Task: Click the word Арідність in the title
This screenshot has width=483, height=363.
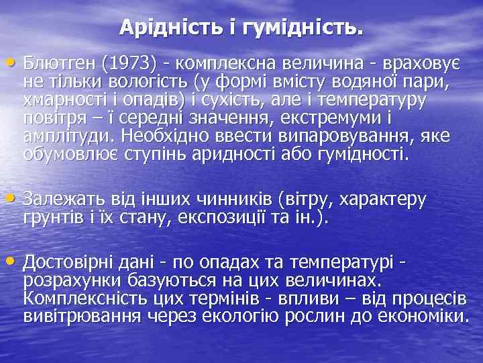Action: [x=160, y=28]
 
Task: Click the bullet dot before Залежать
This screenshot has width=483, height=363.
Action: [x=15, y=200]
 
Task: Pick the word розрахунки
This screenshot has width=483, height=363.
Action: [x=62, y=280]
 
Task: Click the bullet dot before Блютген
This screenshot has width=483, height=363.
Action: [x=15, y=63]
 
